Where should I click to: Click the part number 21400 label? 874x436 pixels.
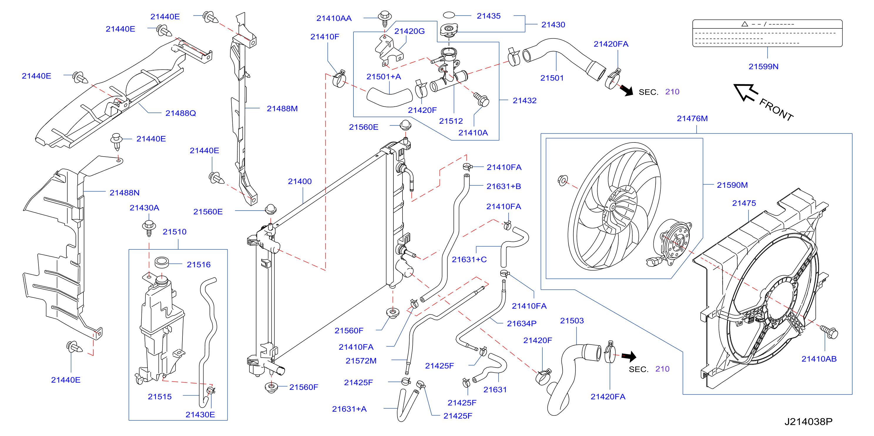click(300, 182)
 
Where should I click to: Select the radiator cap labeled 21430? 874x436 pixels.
click(449, 30)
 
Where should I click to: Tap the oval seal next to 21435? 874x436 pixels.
click(449, 15)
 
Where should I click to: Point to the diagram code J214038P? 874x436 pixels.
click(808, 421)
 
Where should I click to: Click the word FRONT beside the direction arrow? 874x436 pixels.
click(776, 109)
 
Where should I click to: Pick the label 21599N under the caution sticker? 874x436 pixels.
click(764, 66)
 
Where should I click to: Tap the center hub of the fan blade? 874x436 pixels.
click(613, 207)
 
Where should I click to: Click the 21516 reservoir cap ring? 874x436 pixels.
click(162, 262)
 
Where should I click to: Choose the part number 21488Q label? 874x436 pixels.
click(180, 113)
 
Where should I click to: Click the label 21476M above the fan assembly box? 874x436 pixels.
click(692, 118)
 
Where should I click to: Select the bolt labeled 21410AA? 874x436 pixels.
click(385, 18)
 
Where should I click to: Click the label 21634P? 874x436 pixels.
click(521, 324)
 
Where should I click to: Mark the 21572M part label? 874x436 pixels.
click(361, 361)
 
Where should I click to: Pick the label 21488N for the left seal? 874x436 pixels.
click(125, 193)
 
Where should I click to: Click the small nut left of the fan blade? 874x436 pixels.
click(563, 180)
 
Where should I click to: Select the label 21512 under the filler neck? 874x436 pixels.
click(451, 121)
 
